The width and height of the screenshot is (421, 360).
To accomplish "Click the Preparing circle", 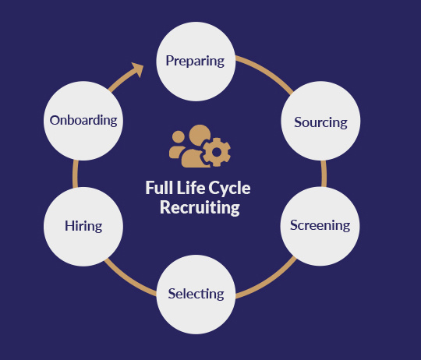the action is (x=196, y=62).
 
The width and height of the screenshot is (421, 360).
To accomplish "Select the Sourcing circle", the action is (x=320, y=121).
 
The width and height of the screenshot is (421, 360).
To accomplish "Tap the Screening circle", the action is (x=320, y=226).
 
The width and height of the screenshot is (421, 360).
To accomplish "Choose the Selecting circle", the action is (x=196, y=295).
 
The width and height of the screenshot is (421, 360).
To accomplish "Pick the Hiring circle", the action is (x=83, y=227).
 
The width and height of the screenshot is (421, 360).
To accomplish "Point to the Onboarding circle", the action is (x=83, y=121).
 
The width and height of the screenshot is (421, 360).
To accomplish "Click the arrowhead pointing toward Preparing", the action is (x=138, y=69).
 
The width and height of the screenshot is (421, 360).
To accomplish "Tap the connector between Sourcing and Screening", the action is (x=324, y=174).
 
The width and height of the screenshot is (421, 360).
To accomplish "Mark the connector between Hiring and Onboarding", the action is (x=75, y=174).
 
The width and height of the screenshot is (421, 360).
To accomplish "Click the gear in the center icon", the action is (x=217, y=152).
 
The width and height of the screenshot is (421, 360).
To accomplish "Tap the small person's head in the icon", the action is (x=179, y=137).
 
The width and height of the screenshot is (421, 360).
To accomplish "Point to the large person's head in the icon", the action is (x=200, y=135).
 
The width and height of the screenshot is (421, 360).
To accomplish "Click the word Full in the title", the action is (x=159, y=188).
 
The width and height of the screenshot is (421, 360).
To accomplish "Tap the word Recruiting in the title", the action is (x=200, y=207).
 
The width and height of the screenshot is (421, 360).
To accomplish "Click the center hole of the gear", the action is (x=217, y=152).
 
